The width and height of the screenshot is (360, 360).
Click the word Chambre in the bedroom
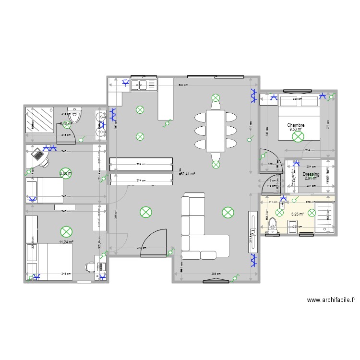[x=296, y=125]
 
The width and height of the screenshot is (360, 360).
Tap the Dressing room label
[x=311, y=174]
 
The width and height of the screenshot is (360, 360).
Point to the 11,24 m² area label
[x=65, y=242]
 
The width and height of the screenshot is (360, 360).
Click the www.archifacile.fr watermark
[x=331, y=300]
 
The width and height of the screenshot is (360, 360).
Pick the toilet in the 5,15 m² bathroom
[x=74, y=115]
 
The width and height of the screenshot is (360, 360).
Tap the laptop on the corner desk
[x=36, y=155]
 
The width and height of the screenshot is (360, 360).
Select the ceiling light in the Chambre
[x=298, y=137]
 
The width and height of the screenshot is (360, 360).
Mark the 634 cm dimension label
[x=183, y=85]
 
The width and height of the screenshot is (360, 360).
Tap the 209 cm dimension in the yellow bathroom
[x=310, y=202]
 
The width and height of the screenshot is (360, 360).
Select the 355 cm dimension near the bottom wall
[x=216, y=274]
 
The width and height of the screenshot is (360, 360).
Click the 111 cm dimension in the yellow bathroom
[x=272, y=202]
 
